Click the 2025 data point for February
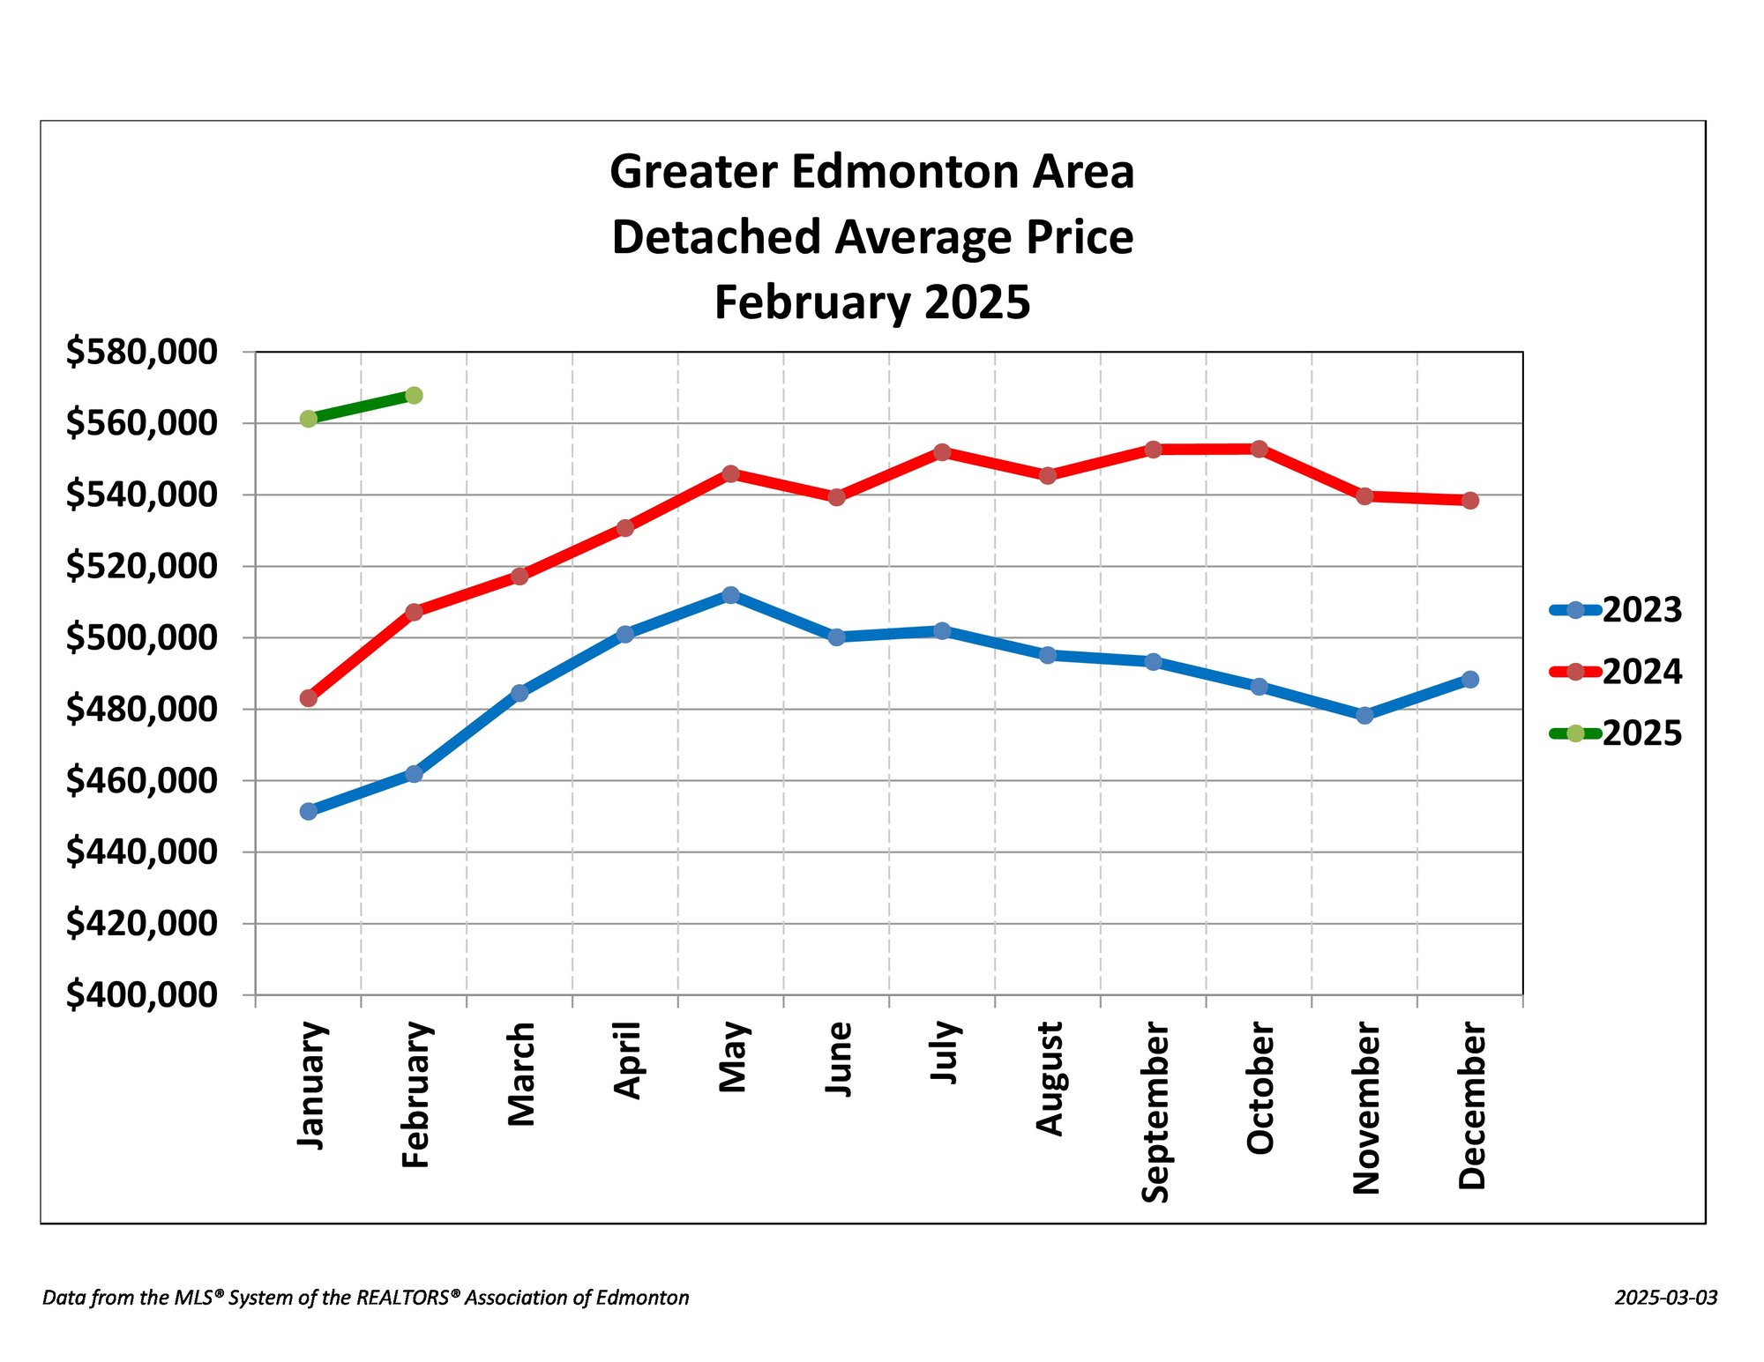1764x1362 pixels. (414, 395)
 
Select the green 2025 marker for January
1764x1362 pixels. (309, 419)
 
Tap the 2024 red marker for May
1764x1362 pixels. (730, 474)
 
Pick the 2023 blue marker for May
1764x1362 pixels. (730, 595)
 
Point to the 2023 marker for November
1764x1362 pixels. (1364, 715)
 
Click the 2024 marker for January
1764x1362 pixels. (309, 698)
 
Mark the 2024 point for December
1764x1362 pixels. (1470, 501)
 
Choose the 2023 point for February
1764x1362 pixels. (414, 774)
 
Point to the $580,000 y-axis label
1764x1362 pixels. (141, 352)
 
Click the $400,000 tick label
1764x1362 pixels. (141, 994)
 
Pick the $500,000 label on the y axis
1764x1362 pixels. (141, 637)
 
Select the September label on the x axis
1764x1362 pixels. (1155, 1112)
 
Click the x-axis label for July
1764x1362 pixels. (944, 1052)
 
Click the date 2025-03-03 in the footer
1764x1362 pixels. (1666, 1298)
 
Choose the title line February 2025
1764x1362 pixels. (872, 302)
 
